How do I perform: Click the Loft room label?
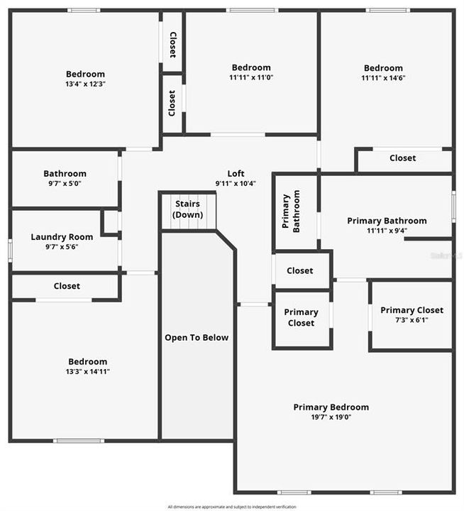(x=236, y=173)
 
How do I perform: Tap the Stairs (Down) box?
(x=188, y=209)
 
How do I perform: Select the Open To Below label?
(x=197, y=337)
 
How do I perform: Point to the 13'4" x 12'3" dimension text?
(x=85, y=84)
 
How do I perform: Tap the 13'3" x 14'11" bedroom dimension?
(x=87, y=371)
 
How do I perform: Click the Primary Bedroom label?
(x=331, y=407)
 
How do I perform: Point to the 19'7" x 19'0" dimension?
(x=331, y=417)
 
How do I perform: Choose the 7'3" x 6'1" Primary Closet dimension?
(x=411, y=319)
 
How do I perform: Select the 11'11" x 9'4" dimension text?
(x=387, y=230)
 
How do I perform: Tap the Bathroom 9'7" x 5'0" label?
(x=65, y=173)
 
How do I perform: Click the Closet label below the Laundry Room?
(x=67, y=286)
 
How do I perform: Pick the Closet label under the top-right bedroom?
(x=403, y=158)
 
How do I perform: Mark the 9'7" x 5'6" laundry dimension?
(x=62, y=247)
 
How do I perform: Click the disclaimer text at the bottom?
(x=232, y=507)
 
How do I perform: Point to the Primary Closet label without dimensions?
(x=301, y=317)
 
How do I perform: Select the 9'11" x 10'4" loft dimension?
(x=236, y=183)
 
